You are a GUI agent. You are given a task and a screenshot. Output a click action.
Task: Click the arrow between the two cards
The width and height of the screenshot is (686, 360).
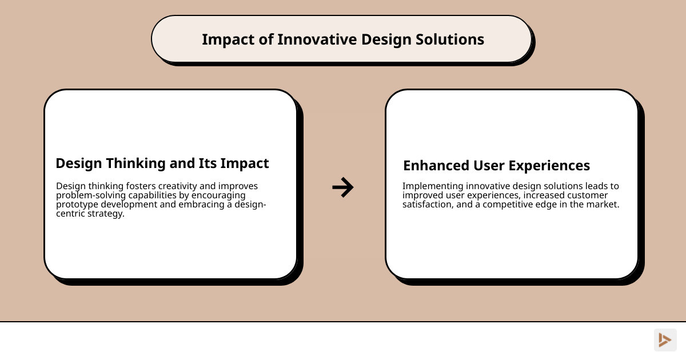click(x=343, y=187)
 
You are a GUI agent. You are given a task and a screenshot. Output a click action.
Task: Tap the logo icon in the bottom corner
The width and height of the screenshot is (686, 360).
click(x=665, y=340)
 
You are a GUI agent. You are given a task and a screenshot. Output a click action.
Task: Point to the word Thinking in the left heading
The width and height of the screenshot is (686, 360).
click(x=135, y=163)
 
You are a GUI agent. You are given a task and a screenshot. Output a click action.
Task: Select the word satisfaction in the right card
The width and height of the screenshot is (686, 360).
click(x=427, y=205)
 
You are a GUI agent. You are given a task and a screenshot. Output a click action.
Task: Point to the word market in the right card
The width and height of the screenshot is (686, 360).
click(x=603, y=205)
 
